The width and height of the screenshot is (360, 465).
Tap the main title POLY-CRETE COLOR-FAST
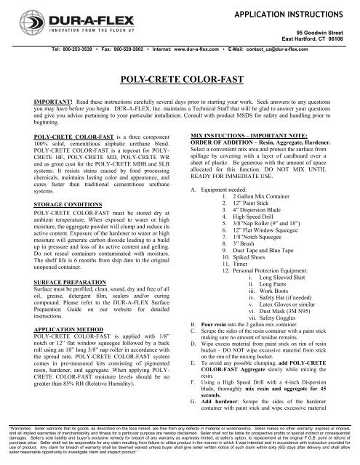(x=179, y=75)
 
